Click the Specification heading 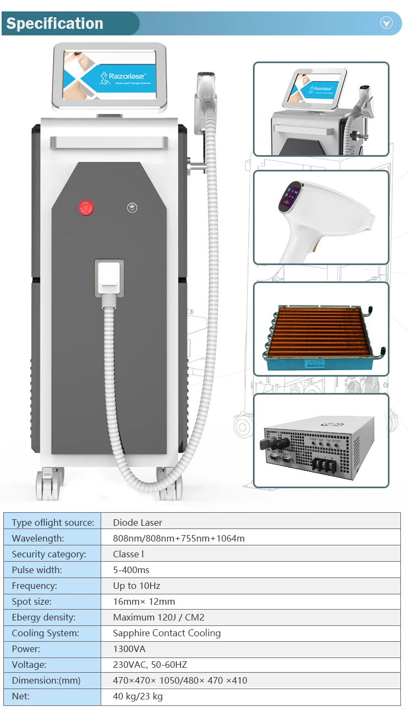(55, 23)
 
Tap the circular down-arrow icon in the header (386, 22)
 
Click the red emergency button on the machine (86, 207)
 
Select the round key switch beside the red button (132, 207)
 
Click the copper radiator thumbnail (321, 329)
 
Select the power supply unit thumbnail (321, 440)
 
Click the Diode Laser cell (138, 523)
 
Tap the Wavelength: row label (38, 538)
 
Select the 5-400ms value (131, 570)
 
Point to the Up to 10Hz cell (137, 586)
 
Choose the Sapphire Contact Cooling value (167, 633)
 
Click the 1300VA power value (129, 649)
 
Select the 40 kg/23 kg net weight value (138, 696)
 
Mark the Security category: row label (49, 554)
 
